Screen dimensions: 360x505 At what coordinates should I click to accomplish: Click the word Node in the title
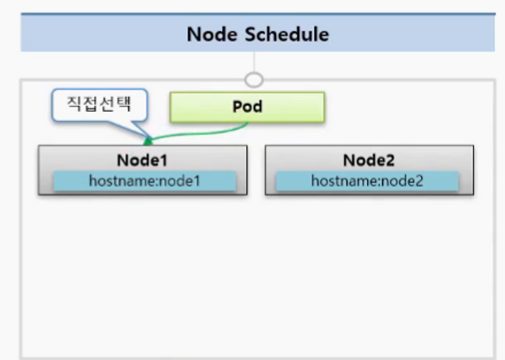(211, 33)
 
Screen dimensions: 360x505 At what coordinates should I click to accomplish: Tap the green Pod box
(247, 107)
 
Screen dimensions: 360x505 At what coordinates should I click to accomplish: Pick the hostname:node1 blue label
(145, 181)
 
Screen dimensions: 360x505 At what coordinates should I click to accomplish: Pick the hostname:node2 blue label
(367, 181)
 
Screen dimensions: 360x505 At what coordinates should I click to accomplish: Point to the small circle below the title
(254, 80)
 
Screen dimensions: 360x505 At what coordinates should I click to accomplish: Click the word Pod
(247, 106)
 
